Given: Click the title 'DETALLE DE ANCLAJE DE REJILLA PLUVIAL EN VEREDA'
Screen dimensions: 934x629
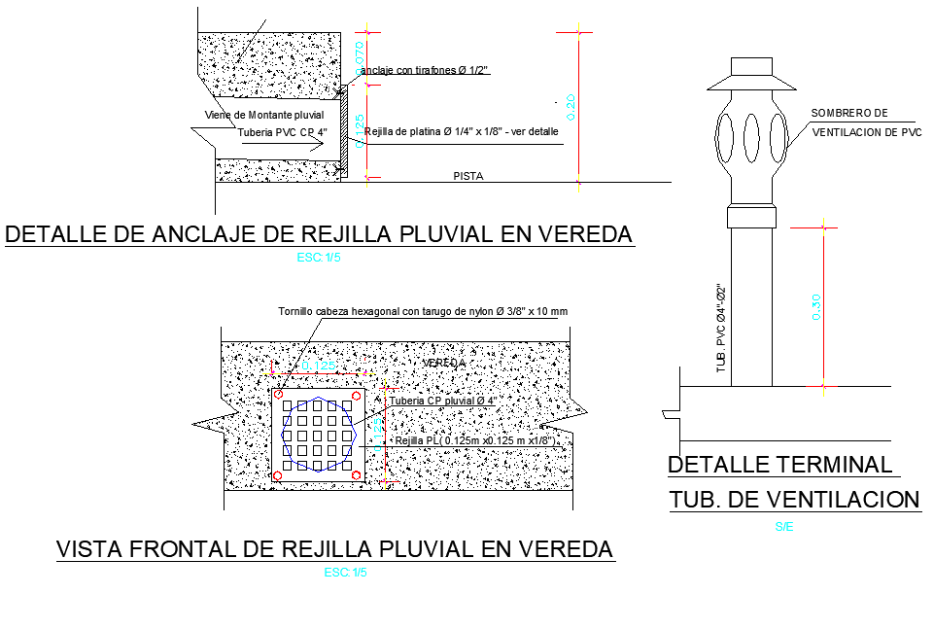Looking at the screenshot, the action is (x=319, y=234).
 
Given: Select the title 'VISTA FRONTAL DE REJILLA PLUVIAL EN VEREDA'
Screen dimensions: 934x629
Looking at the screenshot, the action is (x=335, y=549).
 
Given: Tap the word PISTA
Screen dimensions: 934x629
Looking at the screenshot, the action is (x=468, y=176).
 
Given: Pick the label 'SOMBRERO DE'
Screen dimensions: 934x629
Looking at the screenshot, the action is (x=849, y=114).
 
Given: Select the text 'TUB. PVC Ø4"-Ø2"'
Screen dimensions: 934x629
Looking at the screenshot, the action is (x=721, y=329).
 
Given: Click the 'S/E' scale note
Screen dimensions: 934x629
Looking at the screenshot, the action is (x=783, y=526).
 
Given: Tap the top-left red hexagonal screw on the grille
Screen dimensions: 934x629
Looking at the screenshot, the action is (x=279, y=396).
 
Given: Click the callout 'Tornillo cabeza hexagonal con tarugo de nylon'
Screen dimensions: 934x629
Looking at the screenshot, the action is (x=422, y=312).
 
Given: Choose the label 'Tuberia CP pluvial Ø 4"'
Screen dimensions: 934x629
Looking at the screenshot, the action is (x=443, y=401).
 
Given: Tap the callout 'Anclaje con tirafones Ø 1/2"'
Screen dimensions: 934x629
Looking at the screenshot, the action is (x=424, y=70).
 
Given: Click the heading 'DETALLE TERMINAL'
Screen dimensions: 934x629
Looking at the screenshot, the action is (x=779, y=465).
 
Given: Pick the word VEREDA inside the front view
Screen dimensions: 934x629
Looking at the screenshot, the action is (x=443, y=363).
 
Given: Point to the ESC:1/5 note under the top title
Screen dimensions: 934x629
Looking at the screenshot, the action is (x=320, y=258).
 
